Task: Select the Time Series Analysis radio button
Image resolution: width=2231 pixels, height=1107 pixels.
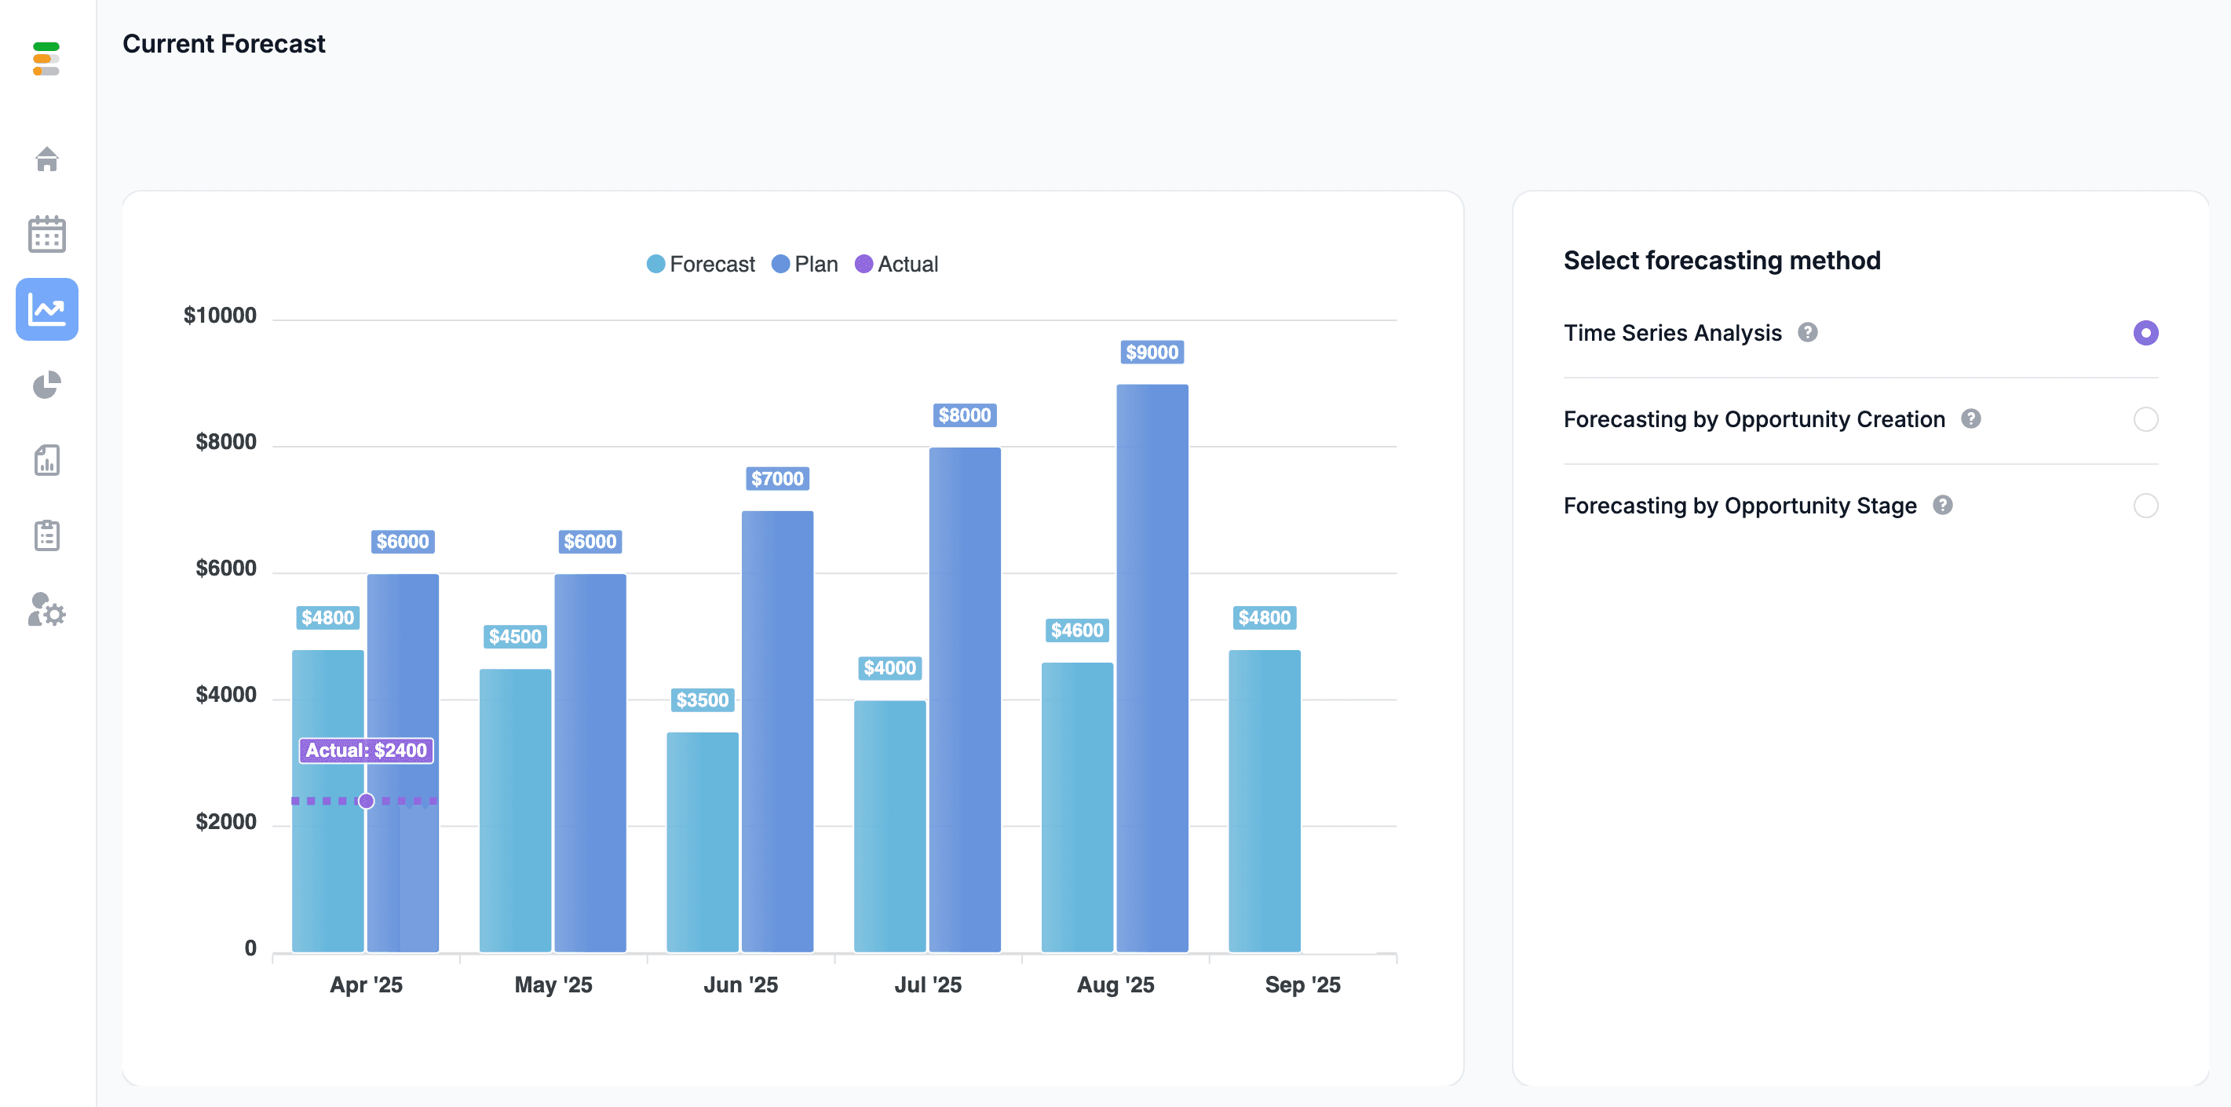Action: click(2145, 333)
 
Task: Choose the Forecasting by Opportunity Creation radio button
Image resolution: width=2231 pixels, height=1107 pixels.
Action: click(2145, 419)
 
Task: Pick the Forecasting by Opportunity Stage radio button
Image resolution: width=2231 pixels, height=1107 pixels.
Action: click(2145, 505)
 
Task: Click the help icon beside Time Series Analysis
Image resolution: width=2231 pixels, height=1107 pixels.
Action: click(1808, 333)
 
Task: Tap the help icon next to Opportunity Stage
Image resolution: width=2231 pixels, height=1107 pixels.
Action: click(1943, 505)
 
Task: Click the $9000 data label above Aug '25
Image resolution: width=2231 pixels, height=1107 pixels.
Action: click(1152, 352)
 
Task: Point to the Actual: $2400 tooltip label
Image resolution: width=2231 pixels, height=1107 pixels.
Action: click(367, 750)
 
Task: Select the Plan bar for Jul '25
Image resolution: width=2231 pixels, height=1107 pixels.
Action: click(965, 700)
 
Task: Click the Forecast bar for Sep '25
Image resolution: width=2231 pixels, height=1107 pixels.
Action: click(1265, 802)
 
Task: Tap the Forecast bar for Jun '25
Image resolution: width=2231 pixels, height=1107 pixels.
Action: click(703, 842)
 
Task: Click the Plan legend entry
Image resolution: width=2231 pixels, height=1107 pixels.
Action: click(805, 265)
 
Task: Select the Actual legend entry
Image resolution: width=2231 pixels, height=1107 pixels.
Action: click(896, 265)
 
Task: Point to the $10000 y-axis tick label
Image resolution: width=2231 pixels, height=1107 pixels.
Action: click(220, 316)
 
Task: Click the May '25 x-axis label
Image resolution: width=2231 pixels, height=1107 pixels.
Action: click(553, 985)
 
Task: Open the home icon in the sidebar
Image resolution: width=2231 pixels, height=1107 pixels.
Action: click(47, 159)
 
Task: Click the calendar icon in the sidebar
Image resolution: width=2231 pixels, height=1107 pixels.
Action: click(47, 234)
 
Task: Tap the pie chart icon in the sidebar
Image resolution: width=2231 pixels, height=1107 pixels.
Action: click(47, 385)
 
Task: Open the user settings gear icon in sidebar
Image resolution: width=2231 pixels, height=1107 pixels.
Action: click(47, 610)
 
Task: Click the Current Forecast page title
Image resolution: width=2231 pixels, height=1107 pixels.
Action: click(224, 43)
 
